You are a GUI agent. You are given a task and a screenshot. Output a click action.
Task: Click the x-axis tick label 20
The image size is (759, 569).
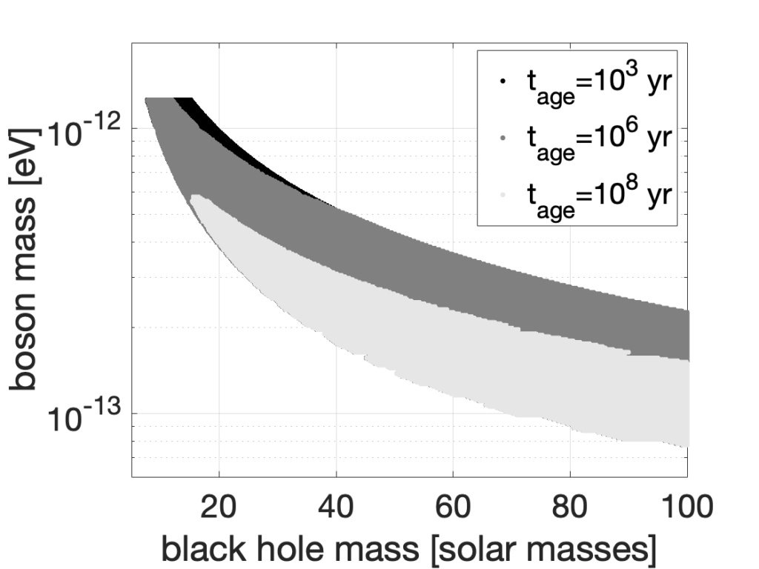coord(219,509)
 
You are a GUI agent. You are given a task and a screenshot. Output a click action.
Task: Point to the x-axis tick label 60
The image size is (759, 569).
coord(453,509)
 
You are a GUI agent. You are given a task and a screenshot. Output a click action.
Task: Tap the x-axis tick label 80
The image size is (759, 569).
coord(570,509)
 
